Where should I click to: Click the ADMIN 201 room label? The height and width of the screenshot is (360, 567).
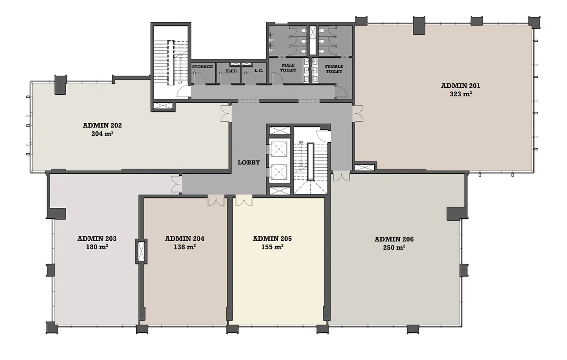click(460, 86)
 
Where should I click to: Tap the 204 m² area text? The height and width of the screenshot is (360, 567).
click(102, 134)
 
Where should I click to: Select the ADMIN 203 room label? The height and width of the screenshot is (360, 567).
click(97, 239)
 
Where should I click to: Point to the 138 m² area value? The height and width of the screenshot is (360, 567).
click(185, 247)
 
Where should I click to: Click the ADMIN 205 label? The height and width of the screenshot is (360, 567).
click(272, 239)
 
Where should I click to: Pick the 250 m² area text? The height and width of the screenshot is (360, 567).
click(394, 248)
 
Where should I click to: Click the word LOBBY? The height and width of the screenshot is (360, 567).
click(249, 162)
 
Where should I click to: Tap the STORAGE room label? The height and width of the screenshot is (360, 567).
click(202, 67)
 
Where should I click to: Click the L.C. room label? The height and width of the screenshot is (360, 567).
click(259, 70)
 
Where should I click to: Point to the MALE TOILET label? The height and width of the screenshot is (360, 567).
click(288, 68)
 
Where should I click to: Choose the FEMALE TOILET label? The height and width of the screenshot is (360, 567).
click(334, 69)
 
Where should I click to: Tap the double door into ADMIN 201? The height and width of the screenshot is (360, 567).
click(358, 114)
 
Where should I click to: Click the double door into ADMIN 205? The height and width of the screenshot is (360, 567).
click(243, 201)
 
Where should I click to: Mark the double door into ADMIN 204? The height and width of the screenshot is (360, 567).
click(216, 201)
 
